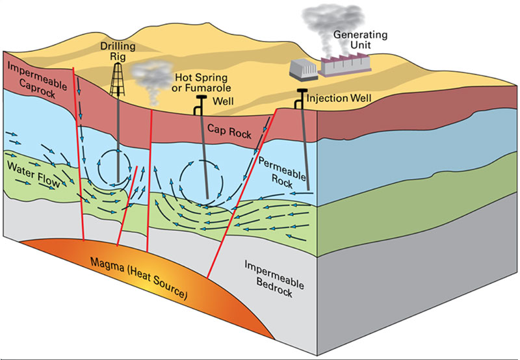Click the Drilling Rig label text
tap(118, 51)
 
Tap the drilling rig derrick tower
tap(118, 79)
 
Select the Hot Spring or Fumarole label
tap(201, 83)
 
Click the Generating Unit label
tap(360, 40)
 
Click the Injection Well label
tap(339, 98)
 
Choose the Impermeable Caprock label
tap(37, 80)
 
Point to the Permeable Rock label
tap(282, 173)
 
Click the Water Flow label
tap(34, 175)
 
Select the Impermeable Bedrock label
tap(274, 279)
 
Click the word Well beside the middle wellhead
tap(223, 101)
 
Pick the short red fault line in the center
tap(127, 206)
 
